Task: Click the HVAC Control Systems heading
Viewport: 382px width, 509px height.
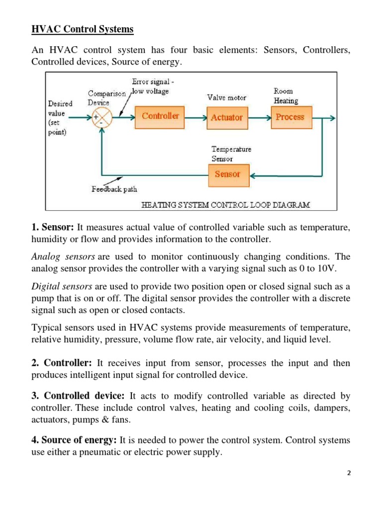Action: (x=83, y=29)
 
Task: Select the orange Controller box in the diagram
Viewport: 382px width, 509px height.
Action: (x=160, y=116)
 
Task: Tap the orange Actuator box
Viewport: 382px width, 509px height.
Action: (x=226, y=117)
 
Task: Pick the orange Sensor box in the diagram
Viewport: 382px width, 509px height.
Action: (x=227, y=174)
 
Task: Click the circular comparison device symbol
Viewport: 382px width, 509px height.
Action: (x=102, y=118)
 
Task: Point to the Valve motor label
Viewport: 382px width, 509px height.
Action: (x=226, y=97)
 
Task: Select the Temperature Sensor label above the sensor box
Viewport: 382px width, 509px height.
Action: (x=231, y=154)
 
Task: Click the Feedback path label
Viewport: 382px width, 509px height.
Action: (x=114, y=189)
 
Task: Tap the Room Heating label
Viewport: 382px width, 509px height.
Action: (x=286, y=96)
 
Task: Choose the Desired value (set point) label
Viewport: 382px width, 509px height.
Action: (x=60, y=118)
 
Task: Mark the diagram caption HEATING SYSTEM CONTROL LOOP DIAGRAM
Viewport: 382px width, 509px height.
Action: (x=225, y=204)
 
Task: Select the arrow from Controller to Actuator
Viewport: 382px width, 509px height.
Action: (x=195, y=118)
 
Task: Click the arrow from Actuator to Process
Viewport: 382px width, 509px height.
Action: (x=259, y=118)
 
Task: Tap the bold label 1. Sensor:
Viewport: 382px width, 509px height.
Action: (x=53, y=228)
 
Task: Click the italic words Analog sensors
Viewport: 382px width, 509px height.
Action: (x=63, y=256)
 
